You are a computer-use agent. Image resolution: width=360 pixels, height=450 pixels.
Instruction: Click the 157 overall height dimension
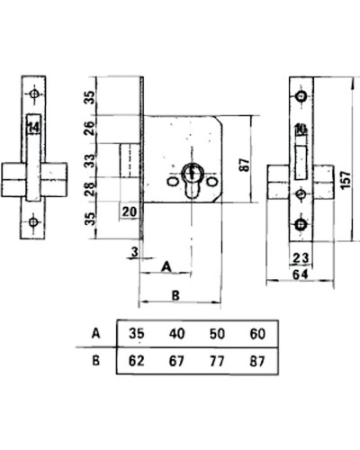pyautogui.click(x=346, y=180)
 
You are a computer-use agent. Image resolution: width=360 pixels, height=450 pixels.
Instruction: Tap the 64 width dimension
pyautogui.click(x=301, y=274)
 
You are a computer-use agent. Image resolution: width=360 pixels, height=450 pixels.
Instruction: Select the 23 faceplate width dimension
pyautogui.click(x=301, y=258)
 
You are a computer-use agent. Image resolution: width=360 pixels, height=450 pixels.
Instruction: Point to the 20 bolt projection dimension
pyautogui.click(x=130, y=211)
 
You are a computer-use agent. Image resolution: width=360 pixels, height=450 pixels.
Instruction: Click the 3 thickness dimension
pyautogui.click(x=135, y=252)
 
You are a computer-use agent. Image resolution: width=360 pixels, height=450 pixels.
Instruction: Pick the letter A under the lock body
pyautogui.click(x=166, y=266)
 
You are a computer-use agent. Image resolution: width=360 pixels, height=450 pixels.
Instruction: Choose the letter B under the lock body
pyautogui.click(x=175, y=295)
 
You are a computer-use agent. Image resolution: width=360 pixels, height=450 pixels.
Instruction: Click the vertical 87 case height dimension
pyautogui.click(x=245, y=165)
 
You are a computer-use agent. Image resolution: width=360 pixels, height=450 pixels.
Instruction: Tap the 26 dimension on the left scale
pyautogui.click(x=89, y=129)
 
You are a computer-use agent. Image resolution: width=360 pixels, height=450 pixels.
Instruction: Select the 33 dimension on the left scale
pyautogui.click(x=89, y=160)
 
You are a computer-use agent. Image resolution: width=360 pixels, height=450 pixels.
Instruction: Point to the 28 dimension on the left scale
pyautogui.click(x=89, y=189)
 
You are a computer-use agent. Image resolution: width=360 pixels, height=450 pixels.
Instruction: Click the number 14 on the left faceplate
pyautogui.click(x=33, y=128)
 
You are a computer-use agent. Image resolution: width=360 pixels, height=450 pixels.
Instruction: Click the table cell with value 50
pyautogui.click(x=217, y=334)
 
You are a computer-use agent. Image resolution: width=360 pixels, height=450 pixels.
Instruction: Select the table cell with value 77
pyautogui.click(x=217, y=361)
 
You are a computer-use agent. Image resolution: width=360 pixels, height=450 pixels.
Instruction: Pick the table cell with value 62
pyautogui.click(x=137, y=361)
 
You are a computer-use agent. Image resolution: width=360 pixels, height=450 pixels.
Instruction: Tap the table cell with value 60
pyautogui.click(x=257, y=334)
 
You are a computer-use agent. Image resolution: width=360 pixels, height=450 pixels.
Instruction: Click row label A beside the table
pyautogui.click(x=95, y=333)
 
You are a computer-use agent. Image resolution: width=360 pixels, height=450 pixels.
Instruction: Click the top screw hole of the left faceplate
pyautogui.click(x=34, y=94)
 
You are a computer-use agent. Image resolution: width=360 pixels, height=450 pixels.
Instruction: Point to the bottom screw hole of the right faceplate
pyautogui.click(x=301, y=224)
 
